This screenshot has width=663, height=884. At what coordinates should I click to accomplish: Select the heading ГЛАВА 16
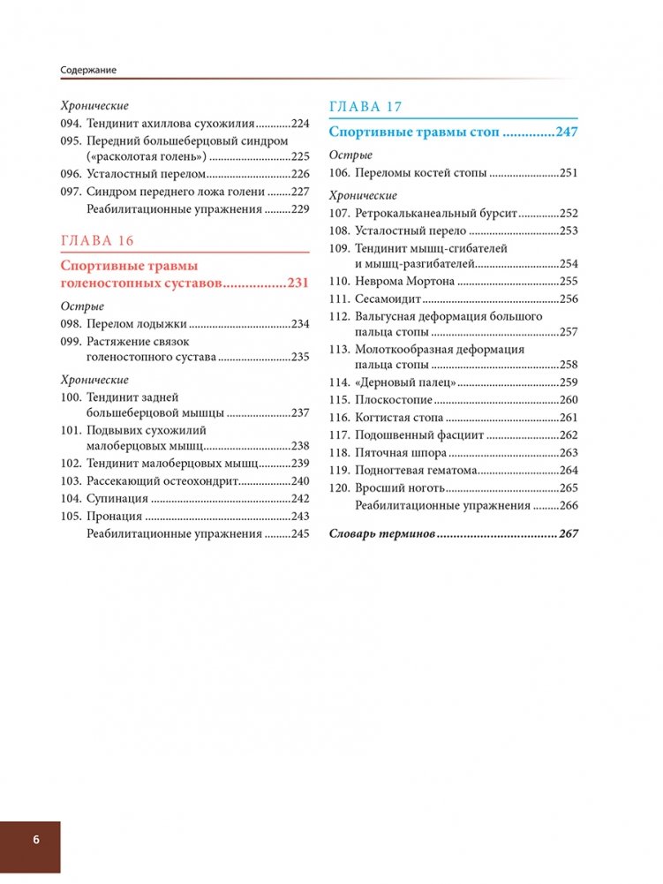(x=97, y=241)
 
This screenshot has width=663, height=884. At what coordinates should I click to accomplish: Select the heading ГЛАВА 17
(x=365, y=107)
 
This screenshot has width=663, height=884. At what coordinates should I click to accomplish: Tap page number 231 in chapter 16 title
(x=298, y=283)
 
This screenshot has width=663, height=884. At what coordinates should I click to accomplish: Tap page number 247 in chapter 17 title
(x=566, y=132)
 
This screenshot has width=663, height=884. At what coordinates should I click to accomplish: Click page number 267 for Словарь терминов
(x=566, y=534)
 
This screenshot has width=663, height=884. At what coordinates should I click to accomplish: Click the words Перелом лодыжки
(x=137, y=324)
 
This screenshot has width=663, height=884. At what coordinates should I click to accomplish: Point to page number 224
(x=301, y=125)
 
